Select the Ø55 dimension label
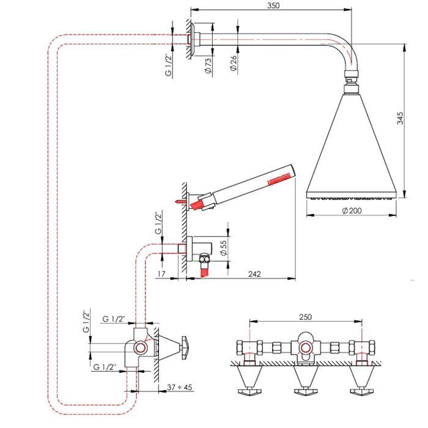(x=223, y=246)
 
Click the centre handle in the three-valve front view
(x=306, y=382)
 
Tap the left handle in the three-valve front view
(x=249, y=382)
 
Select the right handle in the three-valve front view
(x=363, y=382)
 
